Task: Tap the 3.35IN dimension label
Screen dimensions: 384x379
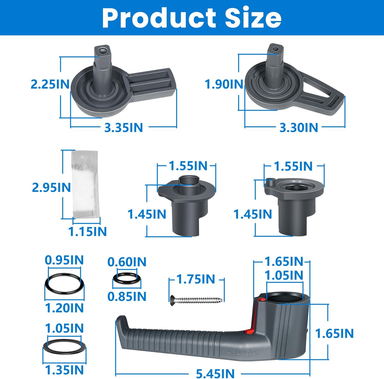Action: [x=123, y=127]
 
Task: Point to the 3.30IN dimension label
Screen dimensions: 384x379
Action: [x=298, y=127]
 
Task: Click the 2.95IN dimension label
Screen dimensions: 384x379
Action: [x=51, y=188]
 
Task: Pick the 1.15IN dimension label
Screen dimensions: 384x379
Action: [x=87, y=232]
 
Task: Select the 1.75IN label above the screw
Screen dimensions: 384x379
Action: [x=196, y=279]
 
